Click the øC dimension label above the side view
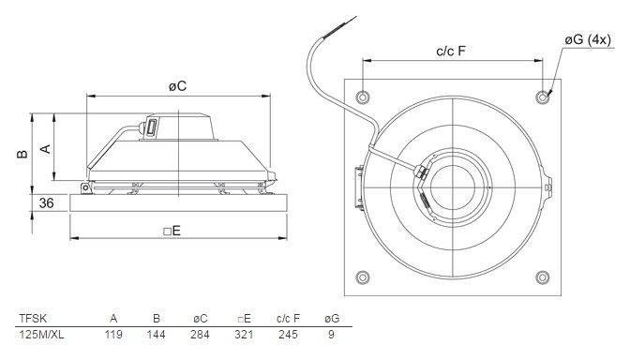177,86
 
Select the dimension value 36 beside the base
47,202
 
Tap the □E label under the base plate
172,231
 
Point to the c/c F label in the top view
451,51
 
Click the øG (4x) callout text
588,39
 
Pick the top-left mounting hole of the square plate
363,97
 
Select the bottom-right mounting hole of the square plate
543,277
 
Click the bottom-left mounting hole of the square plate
363,277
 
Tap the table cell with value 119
113,335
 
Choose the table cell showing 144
156,335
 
